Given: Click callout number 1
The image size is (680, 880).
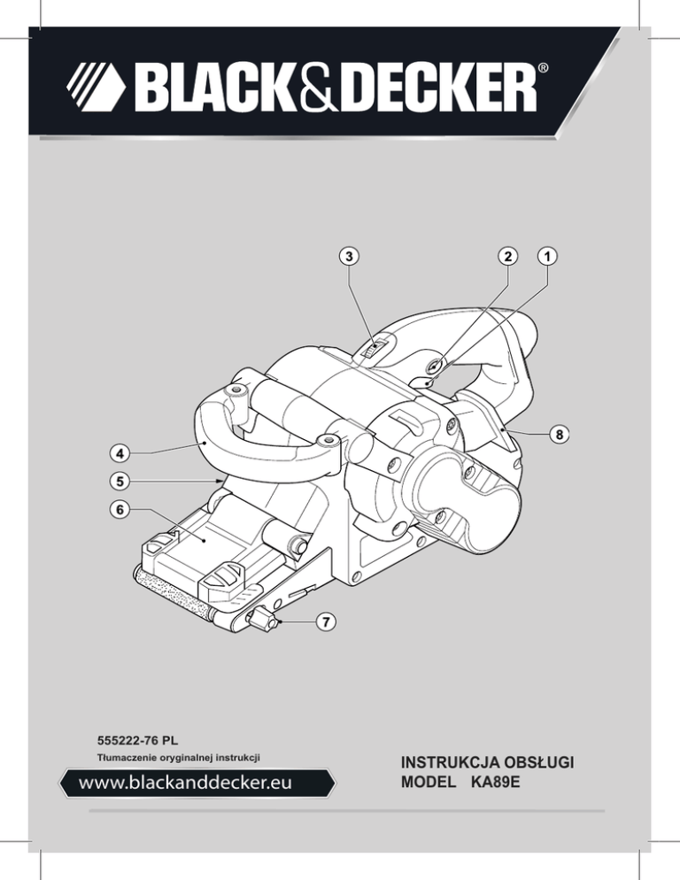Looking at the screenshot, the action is pos(547,257).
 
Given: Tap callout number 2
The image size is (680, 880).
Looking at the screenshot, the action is pos(508,257).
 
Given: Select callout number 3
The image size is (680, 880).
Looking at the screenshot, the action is pos(349,257).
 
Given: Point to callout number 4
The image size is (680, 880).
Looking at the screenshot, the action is pos(120,452).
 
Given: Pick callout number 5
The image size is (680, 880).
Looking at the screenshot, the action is pos(120,481).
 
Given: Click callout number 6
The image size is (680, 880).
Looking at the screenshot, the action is pos(120,510).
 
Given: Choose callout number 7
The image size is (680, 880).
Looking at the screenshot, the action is pos(326,621).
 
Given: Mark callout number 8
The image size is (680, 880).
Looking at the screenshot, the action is pos(560,435).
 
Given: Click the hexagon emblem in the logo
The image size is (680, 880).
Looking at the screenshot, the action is pos(96,87).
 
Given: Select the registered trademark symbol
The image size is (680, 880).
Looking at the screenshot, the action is pos(544,68).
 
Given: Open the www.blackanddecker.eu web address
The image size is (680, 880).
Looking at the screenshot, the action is pos(185,783).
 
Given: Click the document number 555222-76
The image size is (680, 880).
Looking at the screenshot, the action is pos(129,741).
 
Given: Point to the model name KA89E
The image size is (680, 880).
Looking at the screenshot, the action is pos(496,782).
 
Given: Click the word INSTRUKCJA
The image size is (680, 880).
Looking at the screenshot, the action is pos(448,763).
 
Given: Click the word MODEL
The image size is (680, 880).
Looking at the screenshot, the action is pos(429,782).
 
